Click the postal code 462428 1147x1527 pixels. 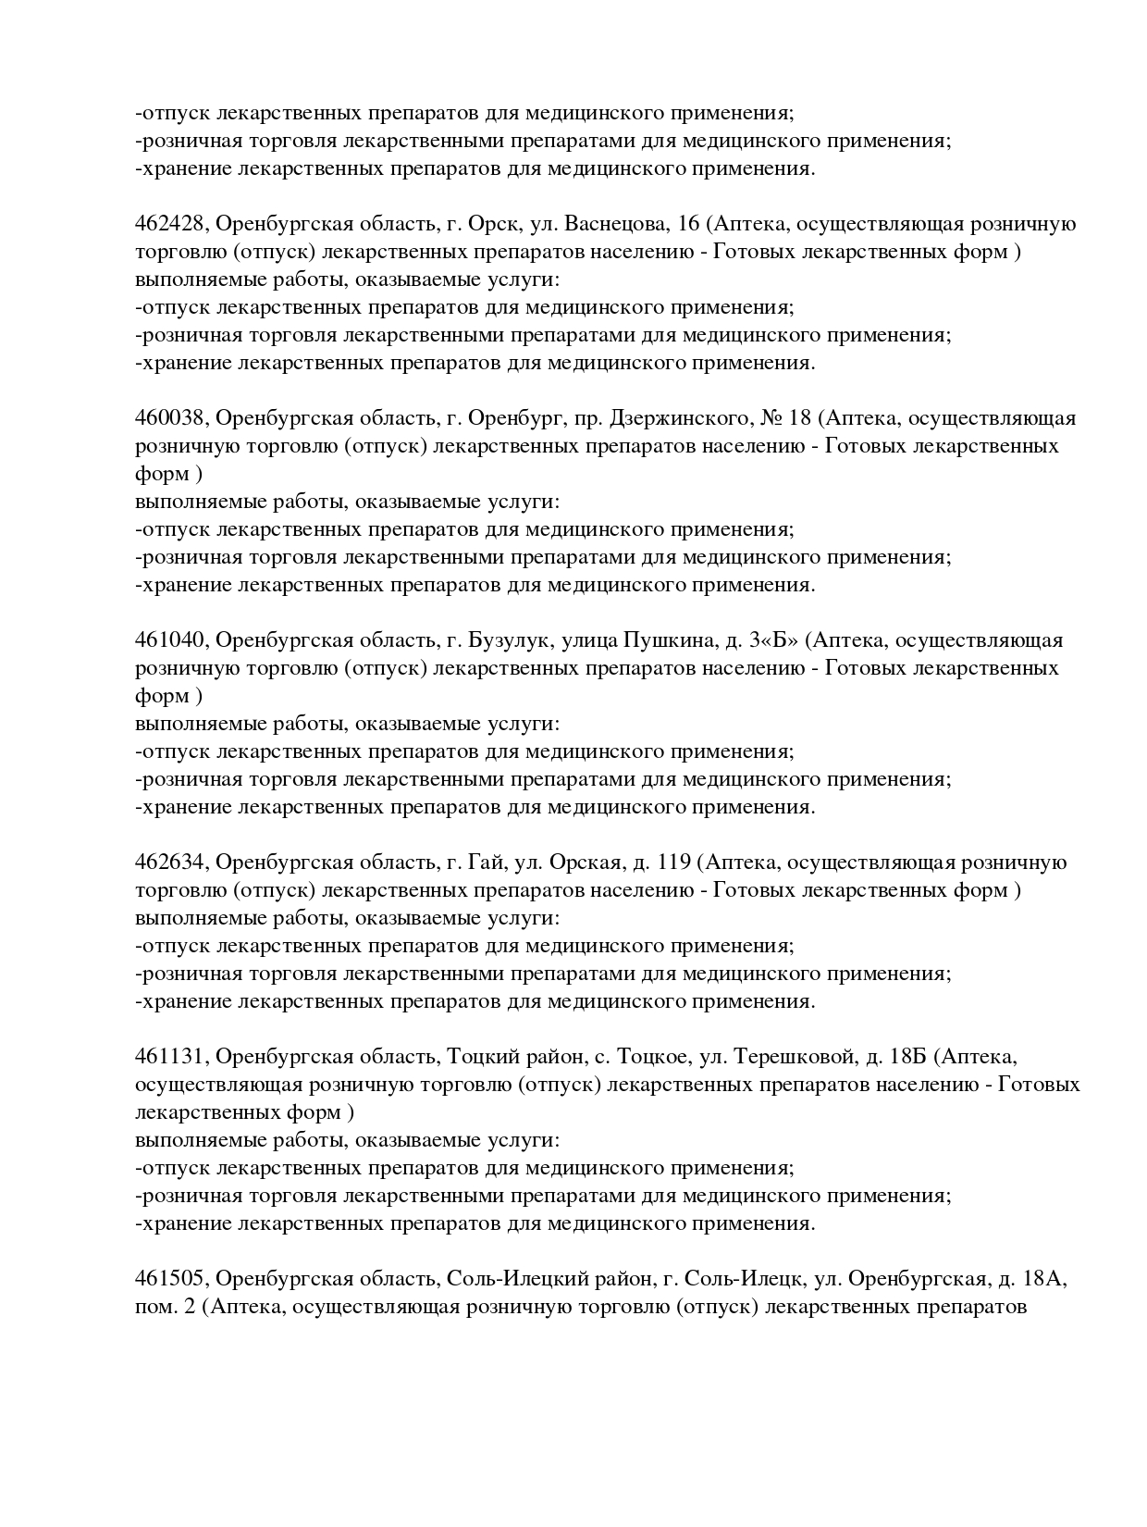tap(172, 225)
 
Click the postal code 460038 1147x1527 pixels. tap(172, 419)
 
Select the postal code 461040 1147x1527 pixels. tap(172, 641)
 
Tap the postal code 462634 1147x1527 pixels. tap(172, 863)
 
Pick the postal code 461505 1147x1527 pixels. tap(172, 1280)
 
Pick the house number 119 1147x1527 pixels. tap(674, 863)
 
